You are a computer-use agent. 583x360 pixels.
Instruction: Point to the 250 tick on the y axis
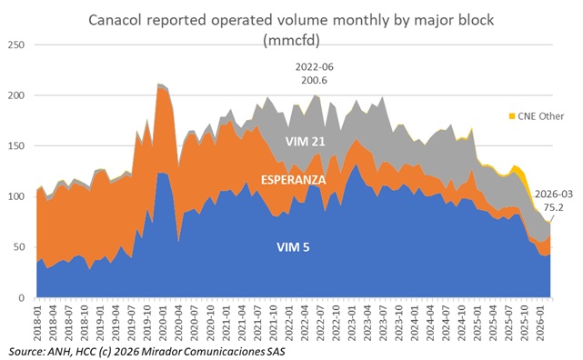(x=15, y=45)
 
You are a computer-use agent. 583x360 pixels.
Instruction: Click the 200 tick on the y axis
(x=15, y=95)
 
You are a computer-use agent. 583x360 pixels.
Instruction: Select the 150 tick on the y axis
(x=15, y=145)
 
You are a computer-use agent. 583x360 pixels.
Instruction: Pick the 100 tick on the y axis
(x=15, y=196)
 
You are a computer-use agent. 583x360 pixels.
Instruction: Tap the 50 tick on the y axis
(x=18, y=247)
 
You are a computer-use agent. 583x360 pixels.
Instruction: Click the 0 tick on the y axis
(x=21, y=298)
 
